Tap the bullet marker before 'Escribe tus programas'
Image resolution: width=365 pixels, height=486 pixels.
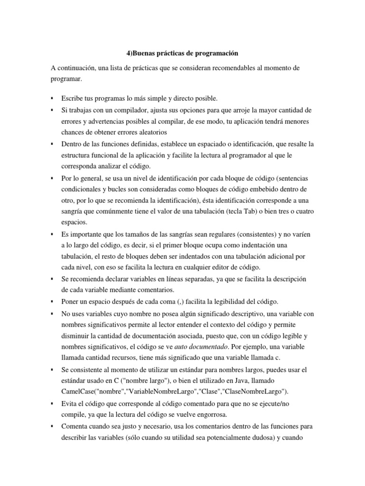51,98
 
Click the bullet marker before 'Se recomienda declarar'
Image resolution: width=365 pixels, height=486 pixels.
51,279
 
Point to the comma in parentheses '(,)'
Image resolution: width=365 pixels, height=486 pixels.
169,301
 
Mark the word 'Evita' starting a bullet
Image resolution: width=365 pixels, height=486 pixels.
69,403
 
